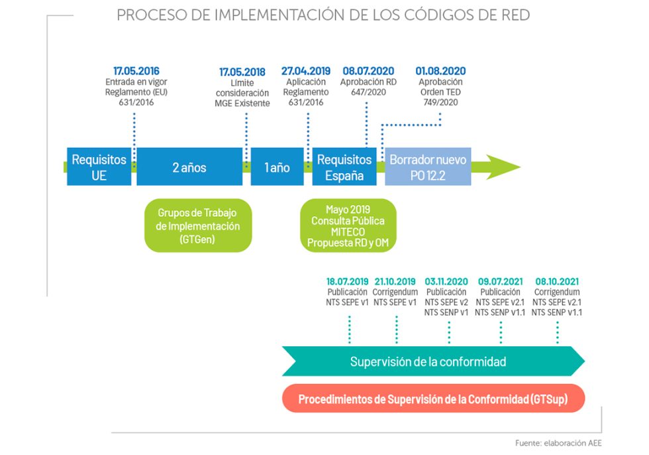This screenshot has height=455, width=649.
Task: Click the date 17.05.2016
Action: point(136,71)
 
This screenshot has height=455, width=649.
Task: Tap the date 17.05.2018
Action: point(242,71)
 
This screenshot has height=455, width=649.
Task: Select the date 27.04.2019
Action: point(305,71)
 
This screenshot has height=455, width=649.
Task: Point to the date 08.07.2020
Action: point(368,71)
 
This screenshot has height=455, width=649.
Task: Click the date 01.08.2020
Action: point(440,71)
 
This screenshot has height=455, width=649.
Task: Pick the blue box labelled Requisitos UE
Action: point(99,167)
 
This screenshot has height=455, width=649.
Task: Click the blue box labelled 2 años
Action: point(189,167)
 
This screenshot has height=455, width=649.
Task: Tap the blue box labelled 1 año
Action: point(277,167)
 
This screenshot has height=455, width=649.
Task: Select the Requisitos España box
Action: point(344,167)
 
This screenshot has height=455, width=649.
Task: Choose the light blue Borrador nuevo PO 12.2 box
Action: point(428,167)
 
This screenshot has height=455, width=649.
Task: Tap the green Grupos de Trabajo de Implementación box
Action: point(198,226)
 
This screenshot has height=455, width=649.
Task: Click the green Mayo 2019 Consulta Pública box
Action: point(347,226)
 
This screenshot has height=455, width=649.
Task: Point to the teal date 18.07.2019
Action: point(347,281)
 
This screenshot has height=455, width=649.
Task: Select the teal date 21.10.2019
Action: point(395,281)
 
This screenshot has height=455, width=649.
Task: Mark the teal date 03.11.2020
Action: point(446,281)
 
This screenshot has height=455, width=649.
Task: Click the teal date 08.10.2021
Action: point(557,281)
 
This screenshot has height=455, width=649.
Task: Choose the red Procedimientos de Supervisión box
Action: point(432,399)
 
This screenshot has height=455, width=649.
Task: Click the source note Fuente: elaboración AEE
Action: point(558,444)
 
